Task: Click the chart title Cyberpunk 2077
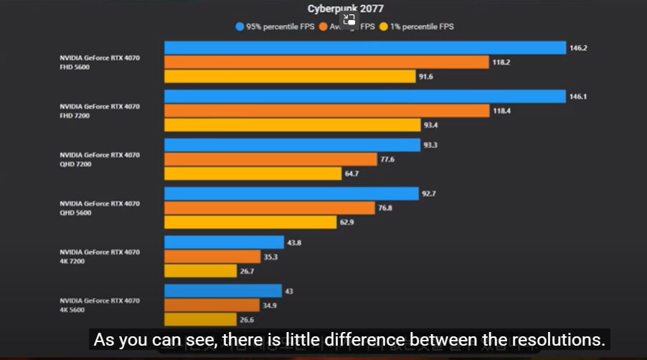pyautogui.click(x=346, y=9)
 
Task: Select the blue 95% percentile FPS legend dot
pyautogui.click(x=240, y=27)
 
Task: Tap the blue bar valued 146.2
pyautogui.click(x=365, y=47)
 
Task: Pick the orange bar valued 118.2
pyautogui.click(x=326, y=62)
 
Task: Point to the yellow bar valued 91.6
pyautogui.click(x=290, y=77)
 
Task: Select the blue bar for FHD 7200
pyautogui.click(x=365, y=96)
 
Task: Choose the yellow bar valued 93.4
pyautogui.click(x=292, y=125)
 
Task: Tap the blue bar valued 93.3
pyautogui.click(x=292, y=145)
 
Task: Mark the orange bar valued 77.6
pyautogui.click(x=270, y=159)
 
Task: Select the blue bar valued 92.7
pyautogui.click(x=291, y=194)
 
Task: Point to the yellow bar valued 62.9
pyautogui.click(x=250, y=222)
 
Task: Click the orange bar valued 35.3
pyautogui.click(x=212, y=257)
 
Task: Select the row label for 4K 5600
pyautogui.click(x=100, y=305)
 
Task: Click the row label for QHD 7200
pyautogui.click(x=100, y=159)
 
